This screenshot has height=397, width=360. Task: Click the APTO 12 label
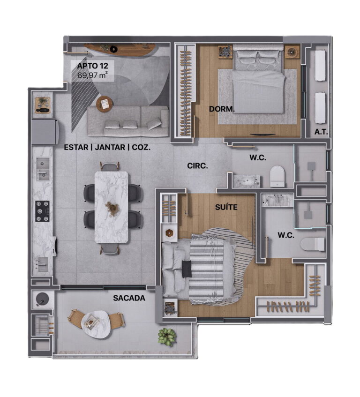tap(92, 66)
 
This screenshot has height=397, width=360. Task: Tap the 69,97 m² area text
tap(92, 75)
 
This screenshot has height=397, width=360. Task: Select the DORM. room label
tap(222, 109)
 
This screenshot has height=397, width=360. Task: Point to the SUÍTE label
tap(226, 207)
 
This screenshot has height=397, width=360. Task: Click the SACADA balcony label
tap(129, 298)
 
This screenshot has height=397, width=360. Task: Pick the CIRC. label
tap(197, 166)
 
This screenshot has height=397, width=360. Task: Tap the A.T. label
tap(321, 132)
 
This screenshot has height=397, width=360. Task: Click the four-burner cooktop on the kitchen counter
tap(42, 211)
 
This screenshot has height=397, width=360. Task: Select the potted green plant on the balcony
tap(167, 337)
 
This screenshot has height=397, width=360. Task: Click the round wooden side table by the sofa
tap(105, 104)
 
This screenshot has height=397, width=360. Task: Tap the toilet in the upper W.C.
tap(277, 176)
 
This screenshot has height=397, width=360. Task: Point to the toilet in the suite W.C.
tap(313, 244)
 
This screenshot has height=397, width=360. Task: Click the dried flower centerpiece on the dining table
tap(112, 208)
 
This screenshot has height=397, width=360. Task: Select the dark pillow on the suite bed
tap(187, 269)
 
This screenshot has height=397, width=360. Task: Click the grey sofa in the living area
tap(128, 121)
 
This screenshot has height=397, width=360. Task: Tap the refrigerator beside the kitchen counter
tap(45, 132)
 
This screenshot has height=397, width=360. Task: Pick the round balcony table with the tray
tap(96, 323)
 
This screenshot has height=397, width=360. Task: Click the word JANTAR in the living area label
tap(110, 147)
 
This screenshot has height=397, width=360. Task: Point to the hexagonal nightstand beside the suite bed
tap(169, 233)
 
